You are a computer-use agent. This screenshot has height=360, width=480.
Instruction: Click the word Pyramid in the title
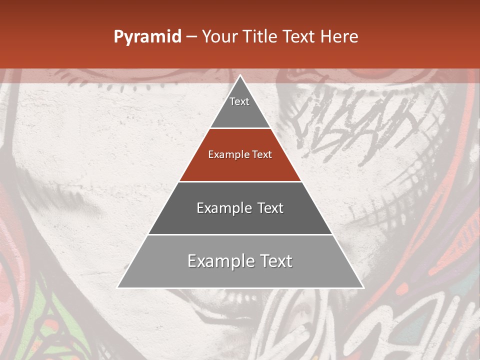click(147, 37)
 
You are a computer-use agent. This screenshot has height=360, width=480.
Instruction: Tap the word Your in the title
click(220, 37)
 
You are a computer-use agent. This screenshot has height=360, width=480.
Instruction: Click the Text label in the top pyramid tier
click(239, 101)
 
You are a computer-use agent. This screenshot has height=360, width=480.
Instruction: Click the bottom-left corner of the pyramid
click(118, 287)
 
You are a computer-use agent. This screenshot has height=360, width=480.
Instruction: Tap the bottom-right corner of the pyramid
click(363, 287)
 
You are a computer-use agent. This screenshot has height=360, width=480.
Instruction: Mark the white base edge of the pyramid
click(240, 288)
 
